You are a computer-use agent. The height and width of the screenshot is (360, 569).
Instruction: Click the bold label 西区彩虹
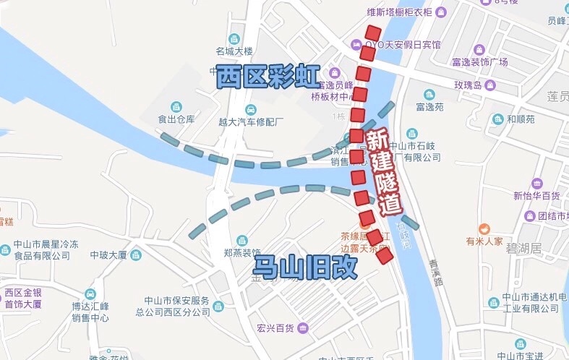pos(268,76)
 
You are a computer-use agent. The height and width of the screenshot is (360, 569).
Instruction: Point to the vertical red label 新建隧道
pos(383,171)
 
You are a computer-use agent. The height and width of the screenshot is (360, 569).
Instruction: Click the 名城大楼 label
pos(234,51)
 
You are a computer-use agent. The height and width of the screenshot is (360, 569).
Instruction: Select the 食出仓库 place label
pos(177,119)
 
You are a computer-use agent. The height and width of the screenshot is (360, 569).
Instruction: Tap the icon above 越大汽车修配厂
pos(250,109)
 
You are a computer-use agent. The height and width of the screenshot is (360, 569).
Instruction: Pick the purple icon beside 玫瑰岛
pos(490,85)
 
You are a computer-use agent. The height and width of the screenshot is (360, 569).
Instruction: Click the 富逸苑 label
pos(429,107)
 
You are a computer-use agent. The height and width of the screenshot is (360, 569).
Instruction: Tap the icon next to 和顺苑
pos(497,119)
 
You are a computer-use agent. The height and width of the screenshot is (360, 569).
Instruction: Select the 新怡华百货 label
pos(536,196)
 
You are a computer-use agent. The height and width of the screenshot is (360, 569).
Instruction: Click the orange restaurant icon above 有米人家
pos(474,228)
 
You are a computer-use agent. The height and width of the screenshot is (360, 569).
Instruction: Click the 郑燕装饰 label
pos(241,252)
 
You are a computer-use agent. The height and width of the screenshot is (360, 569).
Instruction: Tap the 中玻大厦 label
pos(108,255)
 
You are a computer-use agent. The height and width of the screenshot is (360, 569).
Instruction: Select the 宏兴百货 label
pos(275,329)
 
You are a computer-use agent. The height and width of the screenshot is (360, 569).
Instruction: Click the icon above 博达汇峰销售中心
pos(90,294)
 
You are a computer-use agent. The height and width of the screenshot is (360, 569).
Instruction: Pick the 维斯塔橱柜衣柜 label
pos(400,12)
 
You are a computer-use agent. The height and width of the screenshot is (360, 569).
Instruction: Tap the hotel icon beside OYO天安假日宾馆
pos(357,45)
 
